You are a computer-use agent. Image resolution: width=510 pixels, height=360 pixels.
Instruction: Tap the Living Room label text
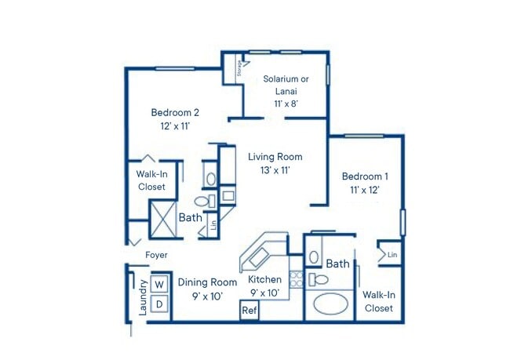point(275,164)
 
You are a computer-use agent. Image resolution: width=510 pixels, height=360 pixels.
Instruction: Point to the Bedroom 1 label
point(364,183)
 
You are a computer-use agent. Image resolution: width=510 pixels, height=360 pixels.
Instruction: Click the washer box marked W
point(159,283)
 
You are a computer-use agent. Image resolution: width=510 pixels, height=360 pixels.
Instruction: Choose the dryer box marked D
point(159,304)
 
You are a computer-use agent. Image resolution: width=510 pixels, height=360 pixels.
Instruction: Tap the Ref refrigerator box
point(250,311)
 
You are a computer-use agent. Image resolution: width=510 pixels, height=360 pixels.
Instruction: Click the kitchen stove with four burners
point(297,278)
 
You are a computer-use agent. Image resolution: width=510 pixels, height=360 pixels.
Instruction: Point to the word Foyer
point(156,255)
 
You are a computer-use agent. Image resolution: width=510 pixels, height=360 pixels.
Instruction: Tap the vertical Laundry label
point(143,298)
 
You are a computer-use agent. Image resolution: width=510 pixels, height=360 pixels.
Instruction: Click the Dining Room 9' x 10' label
point(206,289)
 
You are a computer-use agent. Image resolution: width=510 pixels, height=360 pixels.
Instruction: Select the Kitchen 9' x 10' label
point(264,285)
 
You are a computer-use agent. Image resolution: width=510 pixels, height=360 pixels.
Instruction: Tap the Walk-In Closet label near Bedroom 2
point(151,181)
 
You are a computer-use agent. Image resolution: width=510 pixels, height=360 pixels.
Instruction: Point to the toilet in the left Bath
point(201,203)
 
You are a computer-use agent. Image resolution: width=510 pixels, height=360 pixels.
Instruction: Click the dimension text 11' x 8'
point(286,102)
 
